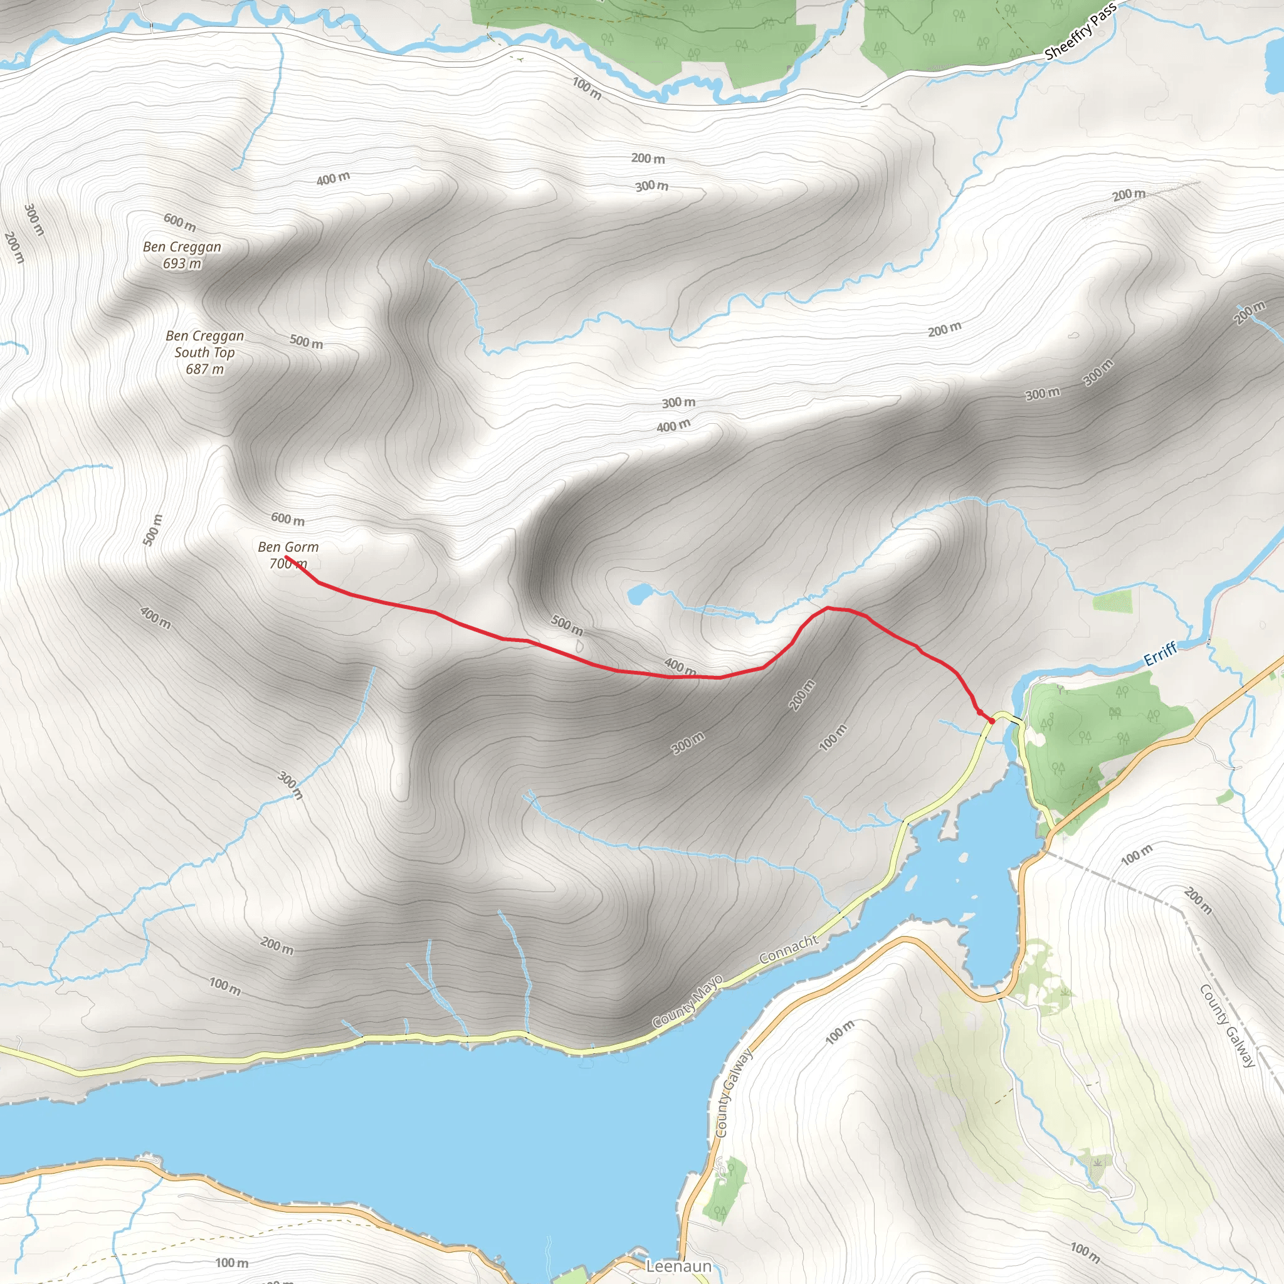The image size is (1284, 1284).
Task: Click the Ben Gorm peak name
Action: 288,547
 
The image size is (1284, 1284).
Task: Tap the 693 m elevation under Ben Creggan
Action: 182,264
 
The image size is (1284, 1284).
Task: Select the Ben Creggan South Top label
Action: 204,344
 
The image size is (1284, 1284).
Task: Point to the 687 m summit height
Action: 204,369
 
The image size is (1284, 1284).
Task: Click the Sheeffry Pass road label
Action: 1081,31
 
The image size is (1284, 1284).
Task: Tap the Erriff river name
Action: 1160,654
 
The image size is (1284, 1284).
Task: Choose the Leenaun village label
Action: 678,1266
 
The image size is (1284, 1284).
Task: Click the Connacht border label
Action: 789,949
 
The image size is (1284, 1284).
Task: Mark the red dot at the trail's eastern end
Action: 991,720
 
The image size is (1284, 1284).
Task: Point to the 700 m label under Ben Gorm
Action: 288,564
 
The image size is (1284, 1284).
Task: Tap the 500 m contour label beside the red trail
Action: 567,624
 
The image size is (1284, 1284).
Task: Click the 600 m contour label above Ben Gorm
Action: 288,519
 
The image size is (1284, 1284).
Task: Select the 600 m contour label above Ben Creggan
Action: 179,222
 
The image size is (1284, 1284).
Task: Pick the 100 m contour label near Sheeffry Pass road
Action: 587,89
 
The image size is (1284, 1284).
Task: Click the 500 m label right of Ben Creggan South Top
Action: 307,342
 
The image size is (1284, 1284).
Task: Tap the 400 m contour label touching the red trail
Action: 680,666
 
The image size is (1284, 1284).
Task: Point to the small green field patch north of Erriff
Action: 1112,602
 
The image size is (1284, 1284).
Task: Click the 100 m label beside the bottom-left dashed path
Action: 232,1263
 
